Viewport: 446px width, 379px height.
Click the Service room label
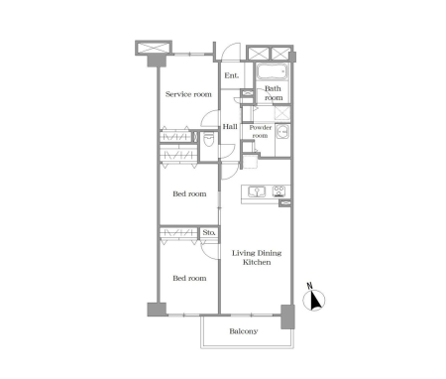pyautogui.click(x=188, y=94)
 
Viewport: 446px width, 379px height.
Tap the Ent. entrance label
pyautogui.click(x=231, y=75)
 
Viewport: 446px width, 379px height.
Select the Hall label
pyautogui.click(x=230, y=127)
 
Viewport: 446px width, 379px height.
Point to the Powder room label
pyautogui.click(x=261, y=132)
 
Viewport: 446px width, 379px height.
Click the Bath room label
pyautogui.click(x=274, y=93)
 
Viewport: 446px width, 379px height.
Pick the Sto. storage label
pyautogui.click(x=209, y=232)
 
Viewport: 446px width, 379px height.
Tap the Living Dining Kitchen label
pyautogui.click(x=257, y=258)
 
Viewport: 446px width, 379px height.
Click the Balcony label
pyautogui.click(x=244, y=331)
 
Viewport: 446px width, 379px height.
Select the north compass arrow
pyautogui.click(x=316, y=301)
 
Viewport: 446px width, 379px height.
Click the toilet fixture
pyautogui.click(x=209, y=140)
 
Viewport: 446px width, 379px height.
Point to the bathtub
pyautogui.click(x=273, y=72)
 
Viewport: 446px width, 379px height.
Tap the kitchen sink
pyautogui.click(x=257, y=191)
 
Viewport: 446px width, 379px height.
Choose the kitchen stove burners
pyautogui.click(x=279, y=191)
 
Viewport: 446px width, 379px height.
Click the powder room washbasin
pyautogui.click(x=282, y=132)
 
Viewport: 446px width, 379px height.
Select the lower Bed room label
pyautogui.click(x=189, y=279)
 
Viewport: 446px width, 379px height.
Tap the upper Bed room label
pyautogui.click(x=189, y=193)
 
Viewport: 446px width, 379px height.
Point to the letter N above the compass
pyautogui.click(x=309, y=286)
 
